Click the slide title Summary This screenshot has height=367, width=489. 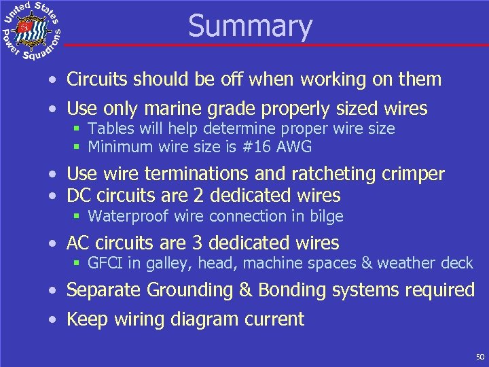point(250,26)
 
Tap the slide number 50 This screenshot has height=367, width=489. point(480,357)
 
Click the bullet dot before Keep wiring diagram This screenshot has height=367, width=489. point(52,319)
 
